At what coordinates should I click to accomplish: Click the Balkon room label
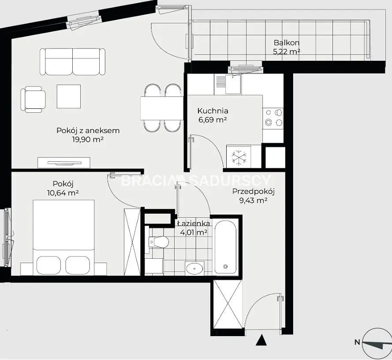pos(287,43)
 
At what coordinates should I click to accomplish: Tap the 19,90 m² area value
pos(88,139)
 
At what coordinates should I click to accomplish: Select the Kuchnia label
pos(213,111)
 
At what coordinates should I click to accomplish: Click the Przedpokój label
pos(254,192)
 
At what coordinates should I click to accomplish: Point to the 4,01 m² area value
pos(194,233)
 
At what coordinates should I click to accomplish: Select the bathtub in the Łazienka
pos(225,247)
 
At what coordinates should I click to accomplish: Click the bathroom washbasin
pos(195,268)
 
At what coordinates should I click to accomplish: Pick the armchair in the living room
pos(33,100)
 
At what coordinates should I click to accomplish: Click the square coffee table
pos(69,96)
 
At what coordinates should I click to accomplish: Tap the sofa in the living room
pos(72,62)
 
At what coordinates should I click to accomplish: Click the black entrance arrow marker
pos(261,340)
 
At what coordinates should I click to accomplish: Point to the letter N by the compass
pos(357,342)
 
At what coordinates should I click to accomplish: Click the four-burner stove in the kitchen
pos(273,119)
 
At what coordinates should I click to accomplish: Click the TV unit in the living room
pos(64,163)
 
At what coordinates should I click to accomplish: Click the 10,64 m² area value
pos(63,193)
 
